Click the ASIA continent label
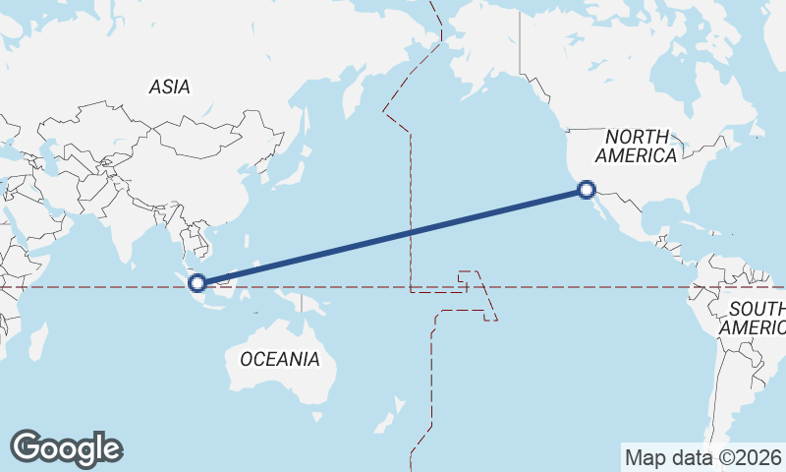coord(169,88)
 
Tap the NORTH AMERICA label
coord(637,146)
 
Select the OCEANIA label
coord(279,359)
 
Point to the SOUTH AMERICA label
coord(755,318)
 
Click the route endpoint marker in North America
coord(587,190)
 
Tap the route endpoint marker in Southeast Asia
coord(197,283)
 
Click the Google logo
coord(66,447)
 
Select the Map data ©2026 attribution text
coord(702,457)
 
